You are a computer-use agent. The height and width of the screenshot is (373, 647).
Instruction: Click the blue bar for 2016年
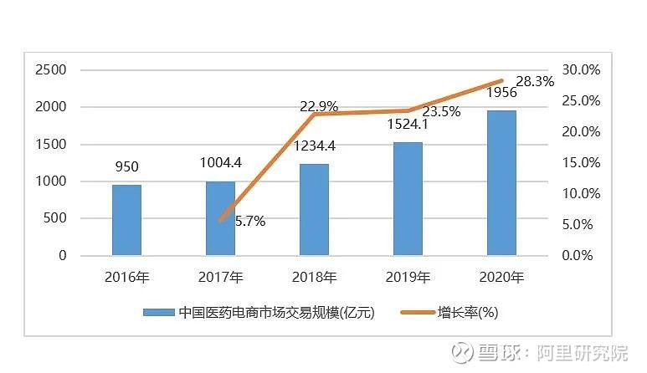tap(127, 220)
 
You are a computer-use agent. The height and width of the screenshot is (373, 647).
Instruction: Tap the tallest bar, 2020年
tap(502, 182)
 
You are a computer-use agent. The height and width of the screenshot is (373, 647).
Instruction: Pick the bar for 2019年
tap(408, 198)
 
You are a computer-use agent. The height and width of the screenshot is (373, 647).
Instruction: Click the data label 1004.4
tap(221, 164)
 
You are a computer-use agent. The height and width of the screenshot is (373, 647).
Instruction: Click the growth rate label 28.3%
tap(535, 81)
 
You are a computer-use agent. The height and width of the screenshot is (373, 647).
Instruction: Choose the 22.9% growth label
tap(319, 106)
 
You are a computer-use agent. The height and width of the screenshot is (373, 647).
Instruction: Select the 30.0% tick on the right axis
tap(579, 69)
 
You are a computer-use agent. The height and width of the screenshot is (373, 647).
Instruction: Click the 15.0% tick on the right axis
tap(579, 162)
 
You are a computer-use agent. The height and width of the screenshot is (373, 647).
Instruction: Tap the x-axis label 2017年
tap(221, 277)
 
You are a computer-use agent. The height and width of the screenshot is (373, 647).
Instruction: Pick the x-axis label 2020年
tap(502, 277)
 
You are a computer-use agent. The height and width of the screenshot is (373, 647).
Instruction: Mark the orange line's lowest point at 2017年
tap(221, 221)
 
